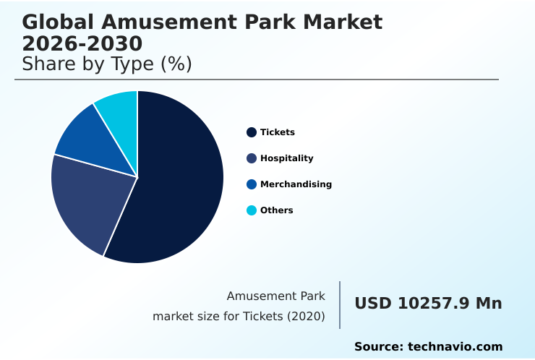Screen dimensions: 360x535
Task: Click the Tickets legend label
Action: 278,132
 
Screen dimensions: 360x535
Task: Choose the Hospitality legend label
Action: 287,158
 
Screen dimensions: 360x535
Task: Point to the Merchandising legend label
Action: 296,184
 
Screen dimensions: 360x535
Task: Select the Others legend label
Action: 277,210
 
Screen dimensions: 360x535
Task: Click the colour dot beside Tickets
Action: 252,132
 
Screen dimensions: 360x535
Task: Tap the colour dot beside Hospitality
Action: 252,158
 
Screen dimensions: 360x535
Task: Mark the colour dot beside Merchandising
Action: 252,184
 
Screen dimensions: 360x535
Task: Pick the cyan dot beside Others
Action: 252,210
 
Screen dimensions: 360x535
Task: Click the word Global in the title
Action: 56,22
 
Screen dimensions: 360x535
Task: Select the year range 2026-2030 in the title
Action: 82,43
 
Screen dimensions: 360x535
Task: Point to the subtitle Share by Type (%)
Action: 107,64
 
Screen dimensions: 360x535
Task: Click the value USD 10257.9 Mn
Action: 428,304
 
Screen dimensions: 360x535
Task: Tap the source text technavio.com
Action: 455,347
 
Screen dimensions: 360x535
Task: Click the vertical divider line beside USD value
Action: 340,305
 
